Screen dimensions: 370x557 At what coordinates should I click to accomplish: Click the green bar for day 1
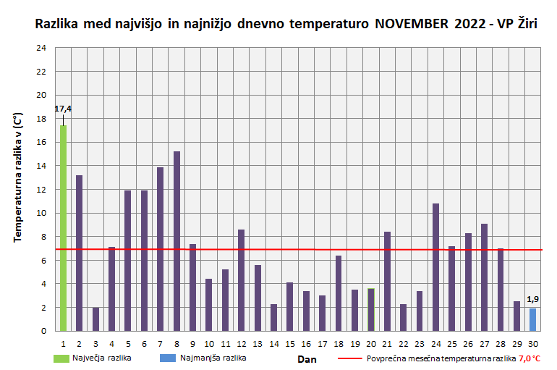[64, 228]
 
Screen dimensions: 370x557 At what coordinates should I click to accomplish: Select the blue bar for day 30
[532, 319]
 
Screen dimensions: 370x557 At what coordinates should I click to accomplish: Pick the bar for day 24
[435, 267]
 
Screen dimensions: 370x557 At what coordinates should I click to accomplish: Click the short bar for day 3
[95, 319]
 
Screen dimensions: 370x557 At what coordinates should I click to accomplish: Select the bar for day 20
[371, 310]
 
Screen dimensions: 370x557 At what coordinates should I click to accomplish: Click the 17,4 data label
[63, 109]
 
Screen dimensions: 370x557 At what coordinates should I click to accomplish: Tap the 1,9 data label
[532, 299]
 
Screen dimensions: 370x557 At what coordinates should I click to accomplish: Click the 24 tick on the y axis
[41, 48]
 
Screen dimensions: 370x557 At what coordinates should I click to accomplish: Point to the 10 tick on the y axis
[41, 213]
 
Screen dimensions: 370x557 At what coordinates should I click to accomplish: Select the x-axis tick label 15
[289, 343]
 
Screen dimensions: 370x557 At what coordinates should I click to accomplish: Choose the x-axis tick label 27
[484, 343]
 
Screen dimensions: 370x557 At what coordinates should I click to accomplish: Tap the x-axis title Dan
[307, 358]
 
